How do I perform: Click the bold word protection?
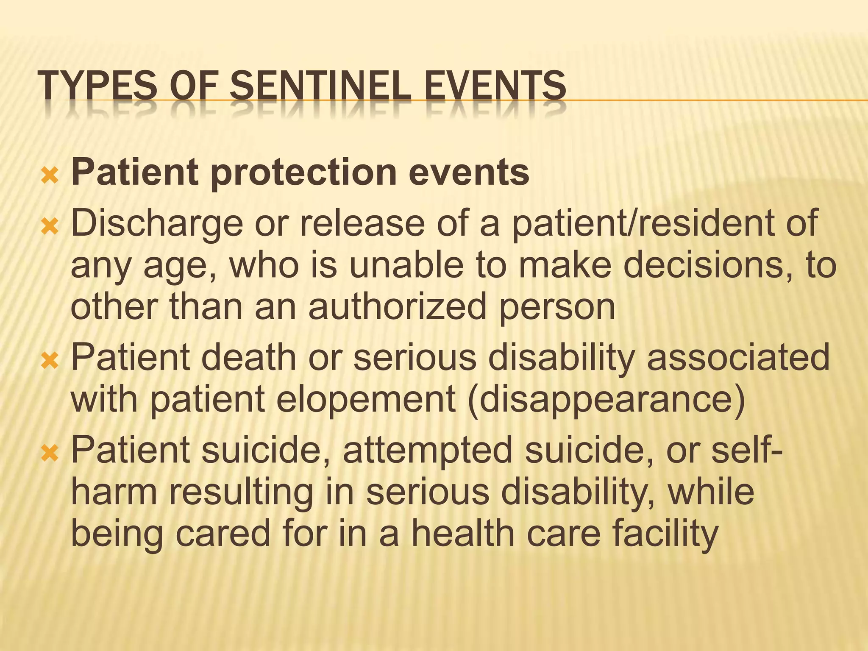pos(303,173)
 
